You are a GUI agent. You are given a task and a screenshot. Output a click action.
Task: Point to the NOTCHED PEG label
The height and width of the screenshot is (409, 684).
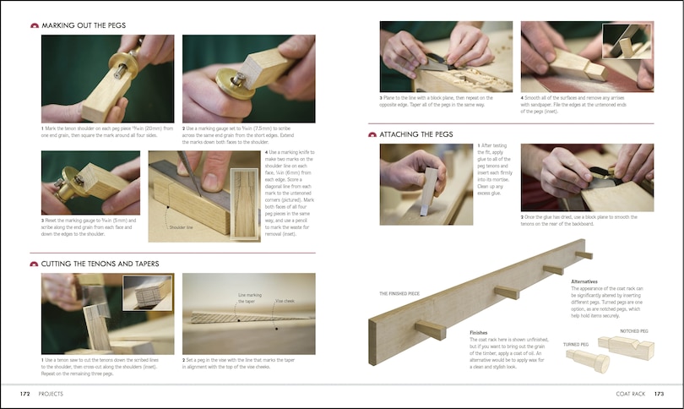point(635,330)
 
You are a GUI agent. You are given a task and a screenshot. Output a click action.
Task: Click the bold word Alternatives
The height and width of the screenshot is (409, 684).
point(585,281)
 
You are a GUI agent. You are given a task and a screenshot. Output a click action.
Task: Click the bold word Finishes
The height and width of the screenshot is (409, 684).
point(479,332)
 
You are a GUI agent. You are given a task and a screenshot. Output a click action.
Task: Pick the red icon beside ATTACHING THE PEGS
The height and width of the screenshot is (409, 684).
point(372,134)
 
